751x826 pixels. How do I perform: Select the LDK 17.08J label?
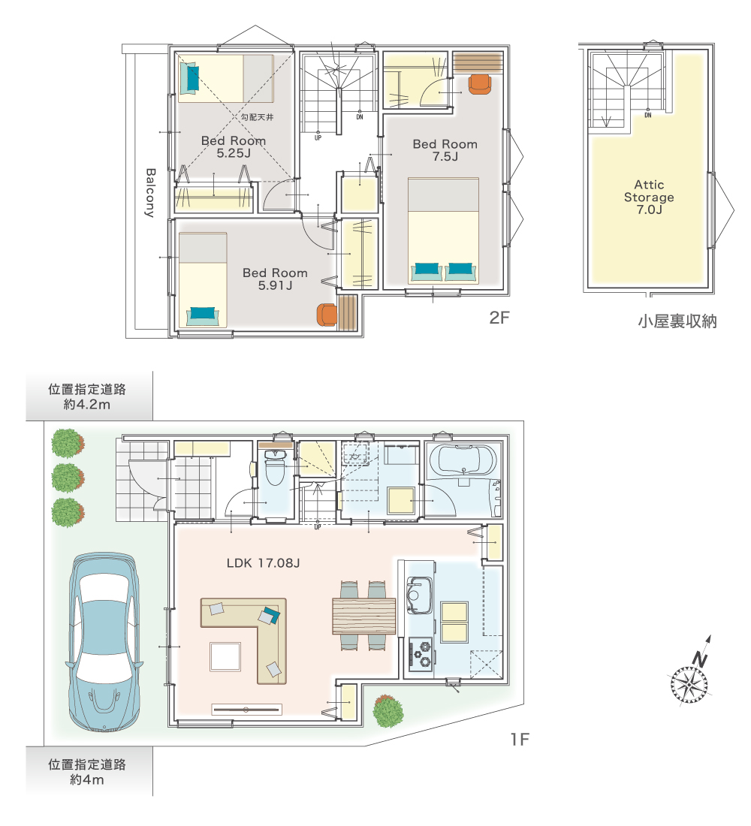click(x=263, y=563)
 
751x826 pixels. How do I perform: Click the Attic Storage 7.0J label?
click(x=649, y=197)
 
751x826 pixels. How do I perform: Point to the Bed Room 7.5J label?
click(x=445, y=150)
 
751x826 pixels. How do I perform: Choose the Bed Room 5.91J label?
click(x=275, y=279)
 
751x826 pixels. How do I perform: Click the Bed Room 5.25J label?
click(x=233, y=147)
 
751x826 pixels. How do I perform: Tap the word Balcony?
click(x=150, y=193)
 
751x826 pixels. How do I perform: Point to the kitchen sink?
click(x=420, y=595)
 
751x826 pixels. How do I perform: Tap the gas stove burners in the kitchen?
click(x=421, y=654)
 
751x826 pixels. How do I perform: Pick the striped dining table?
click(x=363, y=616)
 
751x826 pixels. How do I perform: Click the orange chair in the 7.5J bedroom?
click(x=479, y=84)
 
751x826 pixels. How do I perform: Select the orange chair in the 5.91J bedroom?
click(x=327, y=315)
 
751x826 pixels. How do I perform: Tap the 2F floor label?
click(x=499, y=318)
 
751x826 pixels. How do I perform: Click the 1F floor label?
click(x=519, y=740)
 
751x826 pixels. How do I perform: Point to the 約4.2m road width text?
click(x=87, y=405)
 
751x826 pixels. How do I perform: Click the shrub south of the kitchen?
click(x=388, y=711)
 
